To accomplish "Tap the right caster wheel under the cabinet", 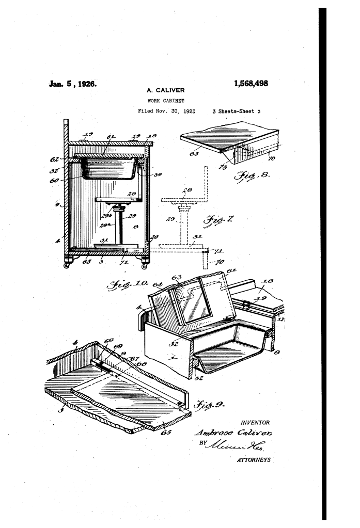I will tap(144, 266).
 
